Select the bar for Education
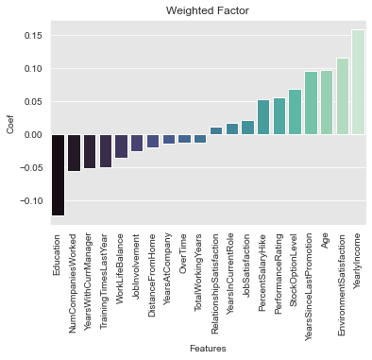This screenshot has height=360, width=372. [x=59, y=175]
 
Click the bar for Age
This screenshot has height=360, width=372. [x=326, y=102]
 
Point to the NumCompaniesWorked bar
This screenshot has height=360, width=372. [x=75, y=153]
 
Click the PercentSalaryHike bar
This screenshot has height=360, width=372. [x=263, y=118]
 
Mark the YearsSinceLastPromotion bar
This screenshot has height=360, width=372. [x=311, y=103]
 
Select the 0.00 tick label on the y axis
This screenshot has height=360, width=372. [x=30, y=135]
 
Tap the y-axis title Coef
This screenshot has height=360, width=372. [x=10, y=123]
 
